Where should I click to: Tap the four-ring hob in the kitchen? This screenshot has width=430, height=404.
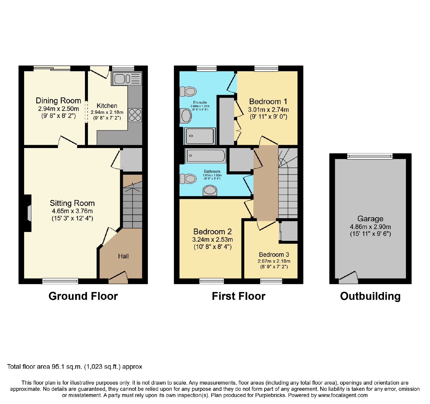[135, 115]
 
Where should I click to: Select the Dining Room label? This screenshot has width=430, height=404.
[58, 101]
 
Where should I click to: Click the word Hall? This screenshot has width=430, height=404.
[123, 256]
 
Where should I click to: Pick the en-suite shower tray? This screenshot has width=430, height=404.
[200, 136]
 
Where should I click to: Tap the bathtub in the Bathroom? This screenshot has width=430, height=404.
[206, 156]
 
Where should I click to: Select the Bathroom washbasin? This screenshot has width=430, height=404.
[210, 191]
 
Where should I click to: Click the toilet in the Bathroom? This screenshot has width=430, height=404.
[188, 179]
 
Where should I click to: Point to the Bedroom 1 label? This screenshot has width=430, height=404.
[268, 101]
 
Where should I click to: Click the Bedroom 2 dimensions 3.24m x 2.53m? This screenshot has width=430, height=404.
[213, 240]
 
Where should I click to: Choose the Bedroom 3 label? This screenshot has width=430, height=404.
[274, 255]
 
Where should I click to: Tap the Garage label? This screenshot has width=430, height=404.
[370, 219]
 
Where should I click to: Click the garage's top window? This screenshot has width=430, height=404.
[370, 156]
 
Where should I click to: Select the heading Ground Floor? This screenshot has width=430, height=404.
[83, 296]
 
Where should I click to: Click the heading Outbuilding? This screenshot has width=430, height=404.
[370, 296]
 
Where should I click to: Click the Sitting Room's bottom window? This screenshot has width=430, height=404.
[60, 281]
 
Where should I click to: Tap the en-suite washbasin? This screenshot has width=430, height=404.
[186, 116]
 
